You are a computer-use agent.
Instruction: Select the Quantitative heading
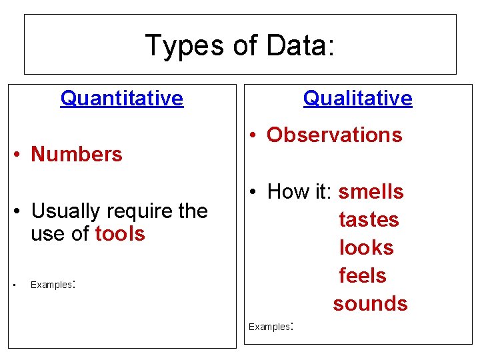[x=121, y=99]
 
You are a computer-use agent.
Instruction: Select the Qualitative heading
[x=357, y=99]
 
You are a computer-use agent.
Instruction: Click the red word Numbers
[x=77, y=155]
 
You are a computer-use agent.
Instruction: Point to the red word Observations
[x=334, y=135]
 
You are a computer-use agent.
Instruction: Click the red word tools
[x=120, y=234]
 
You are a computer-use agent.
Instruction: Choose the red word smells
[x=371, y=192]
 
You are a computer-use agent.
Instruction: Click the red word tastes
[x=369, y=220]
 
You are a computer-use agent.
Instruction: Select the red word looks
[x=366, y=248]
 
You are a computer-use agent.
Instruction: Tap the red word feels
[x=363, y=276]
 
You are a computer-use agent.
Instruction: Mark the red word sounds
[x=370, y=304]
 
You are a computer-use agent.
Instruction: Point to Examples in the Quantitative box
[x=51, y=285]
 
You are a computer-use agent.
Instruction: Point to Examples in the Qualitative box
[x=269, y=327]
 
